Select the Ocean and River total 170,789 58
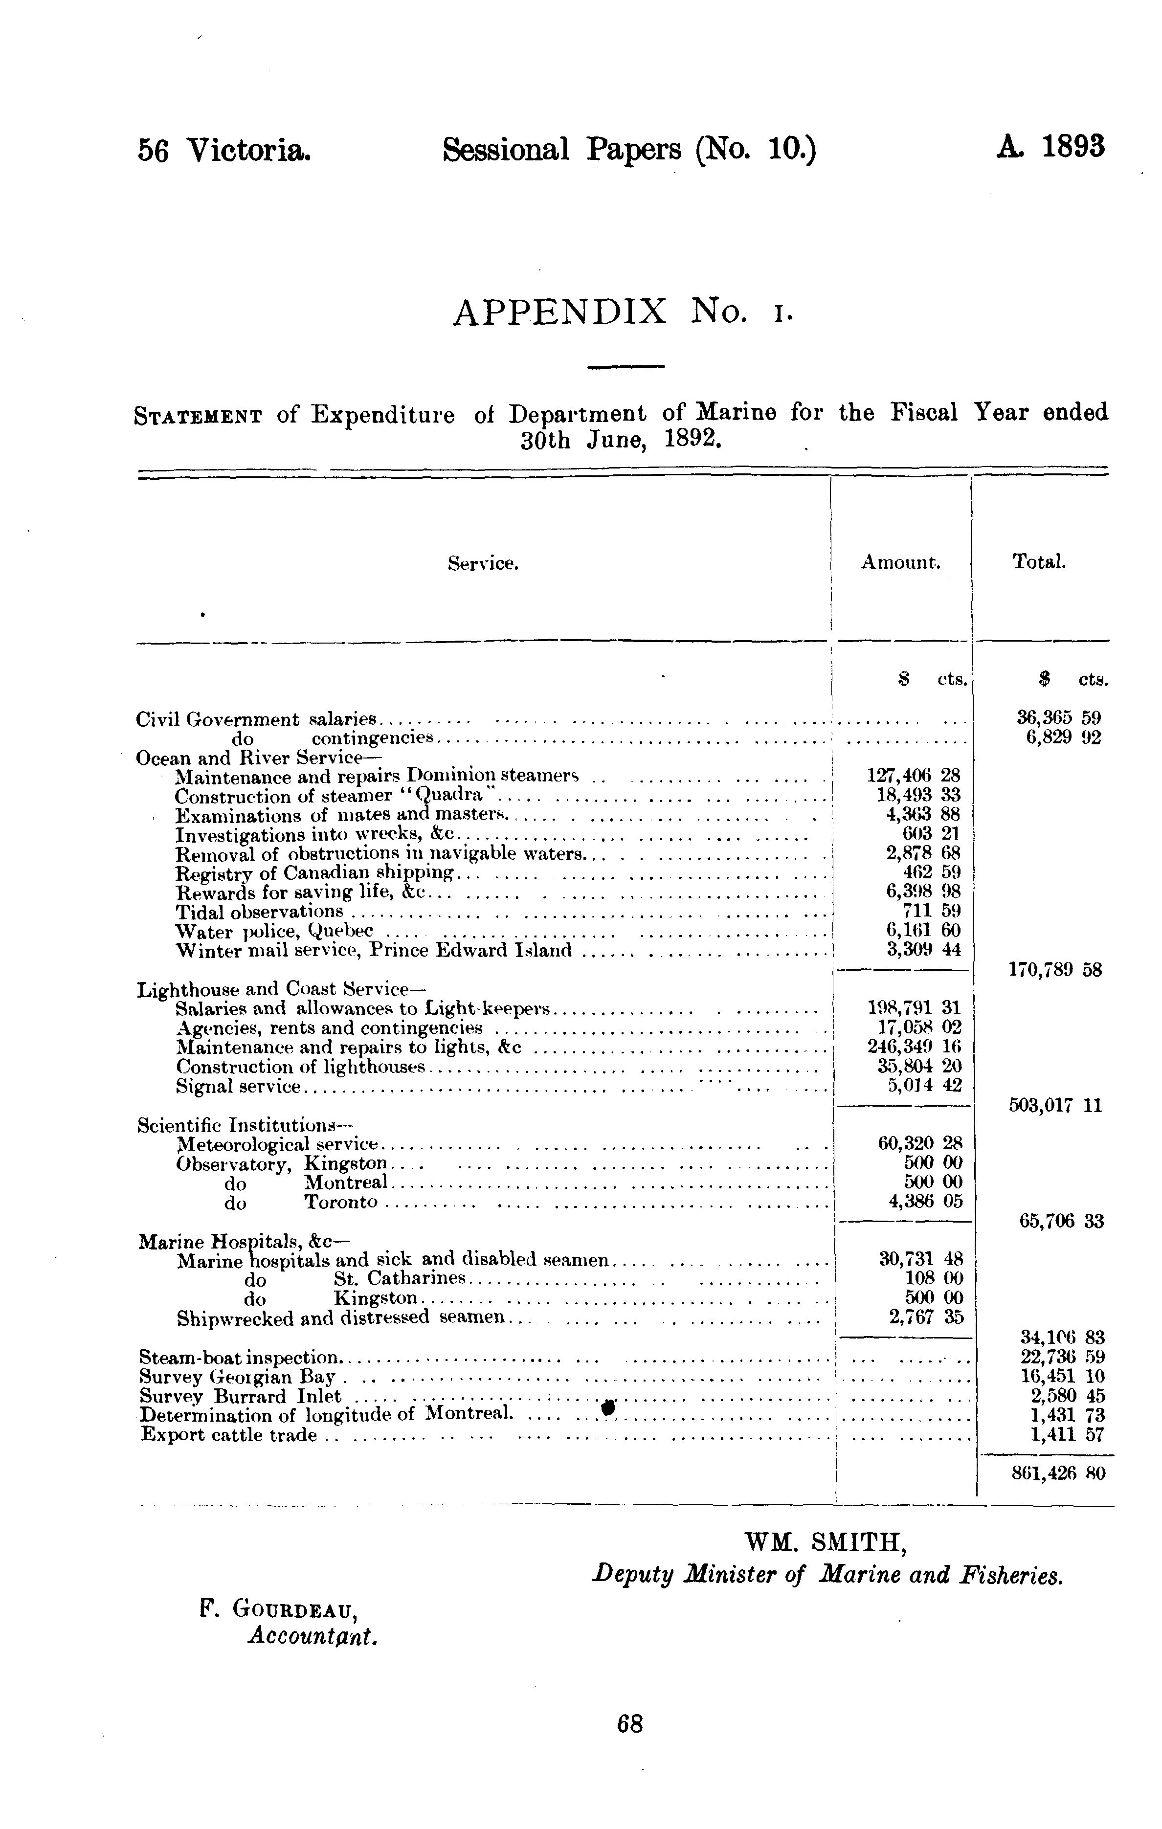tap(1055, 970)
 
